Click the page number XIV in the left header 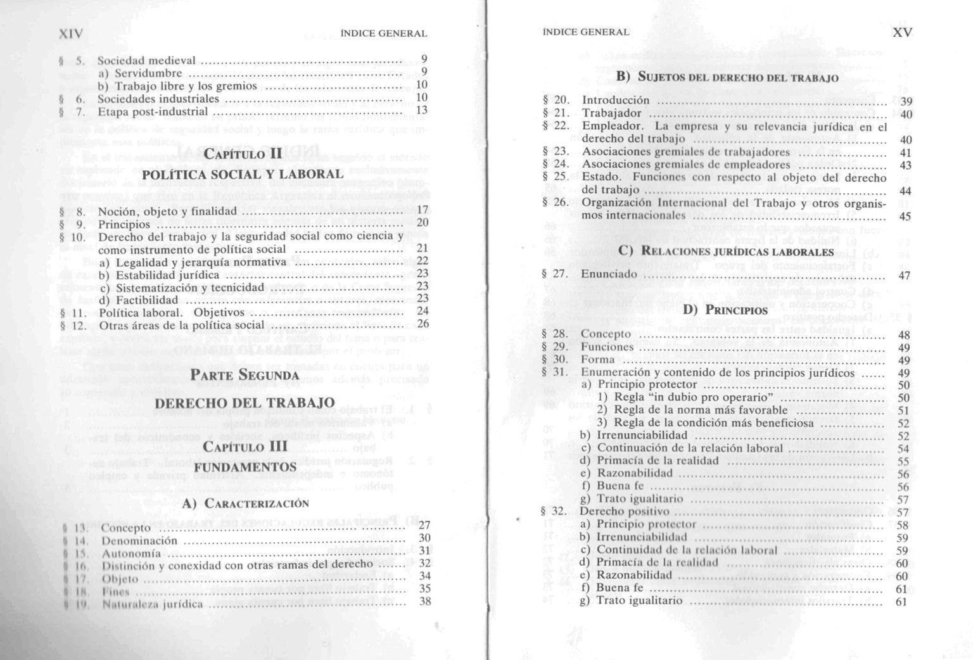[70, 33]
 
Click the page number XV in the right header [902, 32]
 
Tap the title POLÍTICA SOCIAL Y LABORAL [243, 174]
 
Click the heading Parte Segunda [245, 375]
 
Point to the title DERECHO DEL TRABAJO [245, 403]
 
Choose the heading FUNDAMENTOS [245, 467]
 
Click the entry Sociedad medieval [146, 61]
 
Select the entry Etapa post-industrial [153, 111]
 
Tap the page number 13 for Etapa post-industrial [422, 110]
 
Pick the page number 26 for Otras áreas [423, 324]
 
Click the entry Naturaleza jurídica [153, 604]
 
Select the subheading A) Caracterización [245, 504]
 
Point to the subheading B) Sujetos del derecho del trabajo [728, 78]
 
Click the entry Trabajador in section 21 [612, 113]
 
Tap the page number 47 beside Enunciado [905, 276]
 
